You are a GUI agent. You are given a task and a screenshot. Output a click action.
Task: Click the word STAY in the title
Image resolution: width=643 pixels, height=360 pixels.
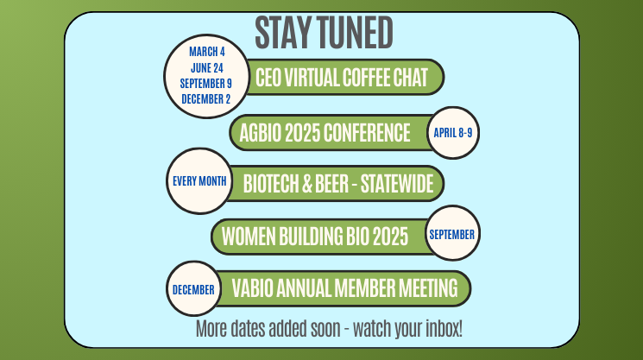pos(283,33)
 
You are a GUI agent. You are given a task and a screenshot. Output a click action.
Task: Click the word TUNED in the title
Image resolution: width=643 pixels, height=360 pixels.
pos(355,33)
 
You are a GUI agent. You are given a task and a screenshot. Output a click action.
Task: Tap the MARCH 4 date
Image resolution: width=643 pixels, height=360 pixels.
pos(206,52)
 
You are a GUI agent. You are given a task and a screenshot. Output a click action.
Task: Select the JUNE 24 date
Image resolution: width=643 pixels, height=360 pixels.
pos(206,67)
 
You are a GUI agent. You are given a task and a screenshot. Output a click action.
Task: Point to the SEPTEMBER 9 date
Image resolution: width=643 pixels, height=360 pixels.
pos(206,83)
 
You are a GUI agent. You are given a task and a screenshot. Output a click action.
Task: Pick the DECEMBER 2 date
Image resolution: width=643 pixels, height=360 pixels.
pos(206,98)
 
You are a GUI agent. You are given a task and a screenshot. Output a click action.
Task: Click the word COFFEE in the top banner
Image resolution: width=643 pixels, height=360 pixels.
pos(366,77)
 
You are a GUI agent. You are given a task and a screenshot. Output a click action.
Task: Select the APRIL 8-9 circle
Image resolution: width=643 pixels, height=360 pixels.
pos(453,133)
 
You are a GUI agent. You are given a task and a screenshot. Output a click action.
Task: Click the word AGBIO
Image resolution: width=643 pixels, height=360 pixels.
pos(261,133)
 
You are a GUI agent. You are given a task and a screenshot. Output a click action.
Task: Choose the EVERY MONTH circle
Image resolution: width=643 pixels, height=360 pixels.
pos(199,180)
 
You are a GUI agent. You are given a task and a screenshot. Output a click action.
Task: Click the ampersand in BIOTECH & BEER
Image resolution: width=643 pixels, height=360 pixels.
pos(307,183)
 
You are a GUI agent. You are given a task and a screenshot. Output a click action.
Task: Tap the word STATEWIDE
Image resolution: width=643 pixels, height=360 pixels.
pos(397,183)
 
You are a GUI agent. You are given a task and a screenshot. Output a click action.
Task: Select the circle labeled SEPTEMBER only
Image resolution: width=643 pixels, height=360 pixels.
pos(453,233)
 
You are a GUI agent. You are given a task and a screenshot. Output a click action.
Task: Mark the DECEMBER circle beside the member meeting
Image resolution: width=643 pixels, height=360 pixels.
pos(193,288)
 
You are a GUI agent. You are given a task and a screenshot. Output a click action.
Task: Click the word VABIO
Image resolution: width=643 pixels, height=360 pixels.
pos(252,287)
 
